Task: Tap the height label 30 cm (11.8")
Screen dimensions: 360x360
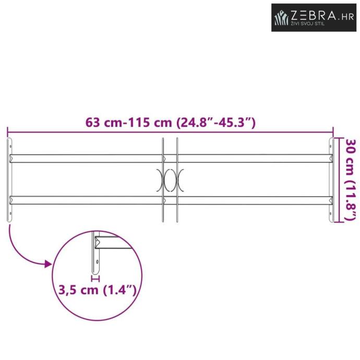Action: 351,180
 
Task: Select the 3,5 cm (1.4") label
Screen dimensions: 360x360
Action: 98,290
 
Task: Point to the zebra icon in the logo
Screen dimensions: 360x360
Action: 281,17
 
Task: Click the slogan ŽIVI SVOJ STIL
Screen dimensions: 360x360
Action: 308,23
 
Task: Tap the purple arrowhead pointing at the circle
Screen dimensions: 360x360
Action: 48,264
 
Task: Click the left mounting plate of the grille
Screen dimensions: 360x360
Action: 9,180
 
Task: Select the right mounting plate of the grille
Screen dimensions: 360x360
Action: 331,180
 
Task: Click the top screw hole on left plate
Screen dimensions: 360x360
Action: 10,146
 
